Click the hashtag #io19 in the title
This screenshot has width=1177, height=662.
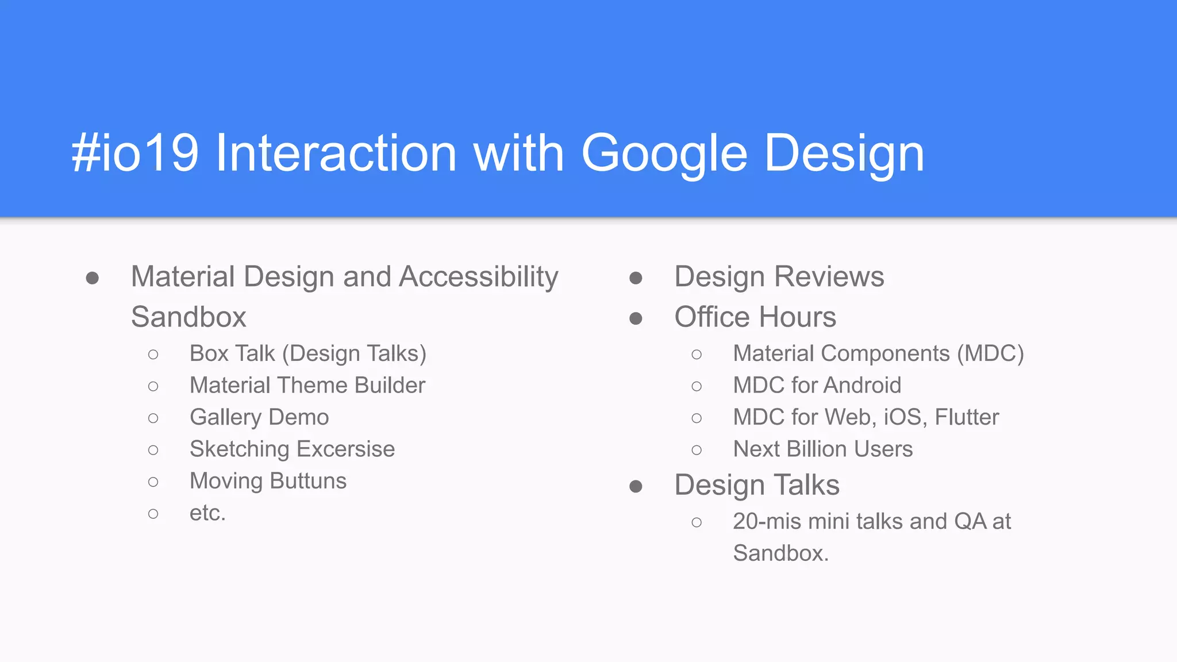coord(135,153)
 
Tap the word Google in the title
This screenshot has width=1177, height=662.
coord(664,153)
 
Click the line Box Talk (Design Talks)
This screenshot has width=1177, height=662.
coord(308,353)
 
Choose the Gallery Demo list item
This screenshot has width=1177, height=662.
coord(259,417)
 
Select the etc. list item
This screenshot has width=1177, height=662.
coord(207,513)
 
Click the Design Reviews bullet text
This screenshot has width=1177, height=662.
coord(779,277)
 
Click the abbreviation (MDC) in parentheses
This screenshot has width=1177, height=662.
coord(990,353)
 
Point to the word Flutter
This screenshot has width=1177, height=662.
coord(967,417)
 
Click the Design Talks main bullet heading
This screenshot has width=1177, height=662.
coord(757,485)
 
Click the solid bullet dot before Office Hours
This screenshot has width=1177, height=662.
coord(636,318)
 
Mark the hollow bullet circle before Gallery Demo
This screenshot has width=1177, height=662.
coord(153,418)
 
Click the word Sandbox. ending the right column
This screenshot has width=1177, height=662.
coord(780,553)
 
